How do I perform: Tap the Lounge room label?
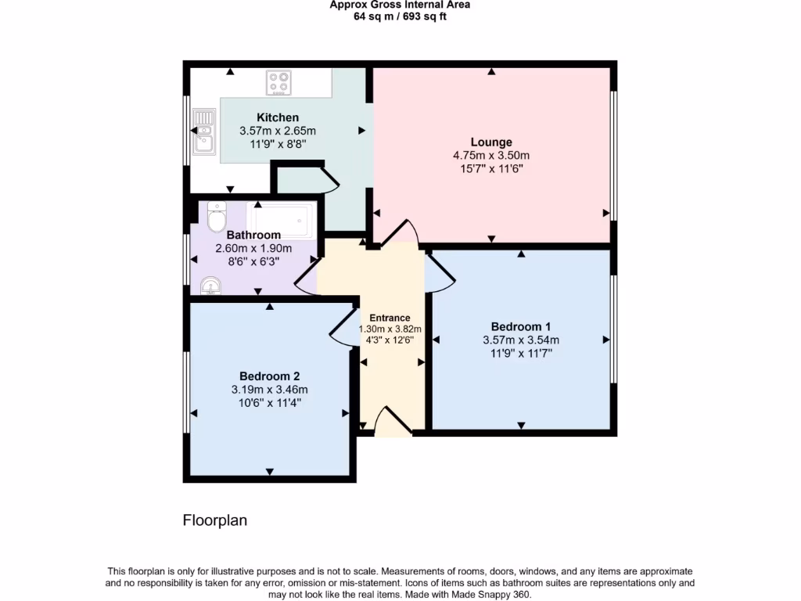coord(491,142)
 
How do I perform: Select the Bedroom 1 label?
coord(521,326)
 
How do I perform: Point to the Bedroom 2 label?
coord(269,376)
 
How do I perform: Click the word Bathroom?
coord(253,235)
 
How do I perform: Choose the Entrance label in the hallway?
coord(390,318)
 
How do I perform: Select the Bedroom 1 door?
coord(439,272)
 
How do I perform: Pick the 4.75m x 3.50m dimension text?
coord(491,155)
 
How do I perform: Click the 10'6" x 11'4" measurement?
coord(269,402)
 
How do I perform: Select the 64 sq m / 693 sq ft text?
coord(400,16)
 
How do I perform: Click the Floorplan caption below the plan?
coord(215,520)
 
